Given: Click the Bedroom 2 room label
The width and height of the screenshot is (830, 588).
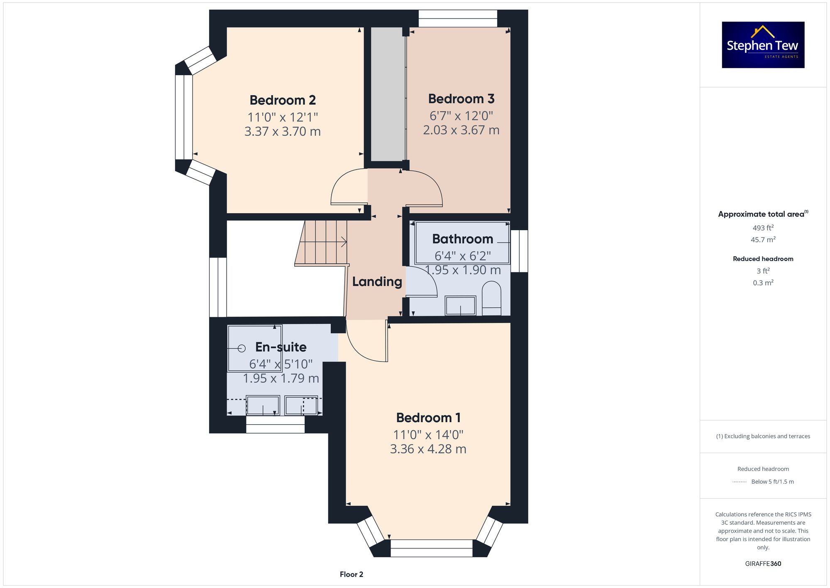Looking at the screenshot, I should [283, 100].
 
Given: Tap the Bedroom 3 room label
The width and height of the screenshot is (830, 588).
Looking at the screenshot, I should [461, 99].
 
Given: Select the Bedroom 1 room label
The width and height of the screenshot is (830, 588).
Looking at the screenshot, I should [428, 418].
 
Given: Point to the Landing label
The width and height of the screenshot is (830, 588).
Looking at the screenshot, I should [377, 282].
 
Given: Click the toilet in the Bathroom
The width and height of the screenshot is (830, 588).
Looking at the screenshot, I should [492, 298].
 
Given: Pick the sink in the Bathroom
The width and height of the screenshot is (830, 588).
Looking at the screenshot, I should [460, 305].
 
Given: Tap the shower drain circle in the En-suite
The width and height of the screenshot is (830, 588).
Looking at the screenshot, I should [242, 348].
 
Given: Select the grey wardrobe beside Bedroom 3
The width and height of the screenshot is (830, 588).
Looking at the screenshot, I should [387, 94].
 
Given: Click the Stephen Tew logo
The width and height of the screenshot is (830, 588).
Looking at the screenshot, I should [763, 45].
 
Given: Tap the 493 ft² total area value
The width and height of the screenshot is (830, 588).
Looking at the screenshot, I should [763, 228].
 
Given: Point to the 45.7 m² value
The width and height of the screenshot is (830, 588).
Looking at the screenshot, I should [763, 240].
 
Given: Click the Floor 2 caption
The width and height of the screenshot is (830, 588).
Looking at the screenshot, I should [351, 574].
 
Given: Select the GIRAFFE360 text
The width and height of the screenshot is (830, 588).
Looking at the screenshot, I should [763, 564].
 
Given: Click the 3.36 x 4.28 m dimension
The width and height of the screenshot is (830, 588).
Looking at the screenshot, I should [428, 449].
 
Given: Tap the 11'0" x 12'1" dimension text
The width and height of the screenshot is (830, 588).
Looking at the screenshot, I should [283, 117].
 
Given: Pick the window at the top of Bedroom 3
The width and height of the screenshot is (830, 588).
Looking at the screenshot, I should [457, 19].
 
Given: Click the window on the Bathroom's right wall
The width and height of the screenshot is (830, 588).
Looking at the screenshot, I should [519, 251].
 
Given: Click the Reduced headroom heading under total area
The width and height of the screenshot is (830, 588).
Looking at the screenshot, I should [763, 259].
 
